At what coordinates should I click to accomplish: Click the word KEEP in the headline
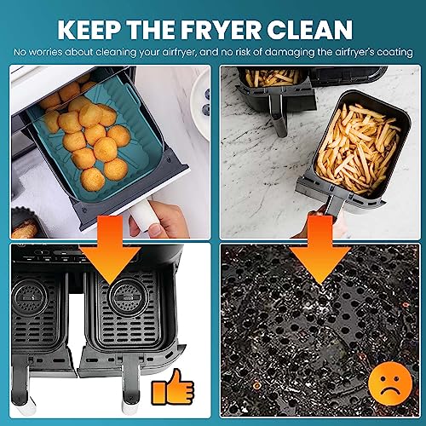coord(89,30)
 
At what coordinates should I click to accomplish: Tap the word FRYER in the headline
coord(221,30)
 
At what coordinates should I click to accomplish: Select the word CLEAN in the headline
coord(310,30)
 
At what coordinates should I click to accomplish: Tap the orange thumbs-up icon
coord(173,387)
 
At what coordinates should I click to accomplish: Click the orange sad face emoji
coord(390,383)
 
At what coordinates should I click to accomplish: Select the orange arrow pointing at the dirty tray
coord(320,250)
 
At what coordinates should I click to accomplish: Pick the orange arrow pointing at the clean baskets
coord(110,250)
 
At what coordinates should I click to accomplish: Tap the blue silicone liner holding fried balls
coord(94,142)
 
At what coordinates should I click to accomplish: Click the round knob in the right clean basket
coord(129,297)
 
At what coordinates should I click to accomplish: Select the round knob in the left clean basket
coord(29,297)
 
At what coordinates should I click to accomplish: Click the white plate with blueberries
coord(201,104)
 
